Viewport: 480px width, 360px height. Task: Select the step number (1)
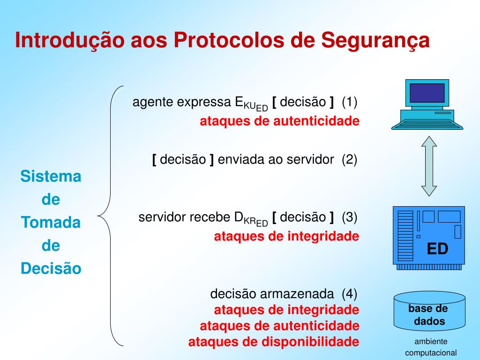[x=349, y=101]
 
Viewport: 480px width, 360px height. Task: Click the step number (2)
[x=349, y=159]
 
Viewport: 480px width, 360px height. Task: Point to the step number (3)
[x=349, y=217]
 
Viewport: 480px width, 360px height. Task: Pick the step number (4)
[x=349, y=294]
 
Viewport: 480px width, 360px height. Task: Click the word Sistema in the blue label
[x=51, y=177]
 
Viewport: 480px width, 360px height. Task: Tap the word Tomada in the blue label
[x=51, y=223]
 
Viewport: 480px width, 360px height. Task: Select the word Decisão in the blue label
[x=51, y=269]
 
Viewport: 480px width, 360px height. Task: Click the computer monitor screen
[x=427, y=93]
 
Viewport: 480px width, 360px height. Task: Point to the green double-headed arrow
[x=428, y=166]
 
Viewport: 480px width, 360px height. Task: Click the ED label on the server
[x=437, y=249]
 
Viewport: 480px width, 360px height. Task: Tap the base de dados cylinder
[x=429, y=312]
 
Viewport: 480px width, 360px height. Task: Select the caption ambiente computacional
[x=430, y=347]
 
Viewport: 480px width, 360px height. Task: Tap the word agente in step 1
[x=149, y=102]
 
